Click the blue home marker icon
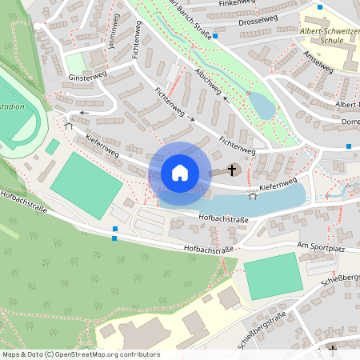[180, 172]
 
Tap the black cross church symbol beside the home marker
[233, 170]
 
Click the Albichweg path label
[206, 82]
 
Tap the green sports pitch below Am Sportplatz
[274, 276]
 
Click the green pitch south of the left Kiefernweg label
[86, 184]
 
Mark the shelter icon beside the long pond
[254, 196]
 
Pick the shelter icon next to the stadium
[68, 124]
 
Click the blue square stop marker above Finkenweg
[320, 6]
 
